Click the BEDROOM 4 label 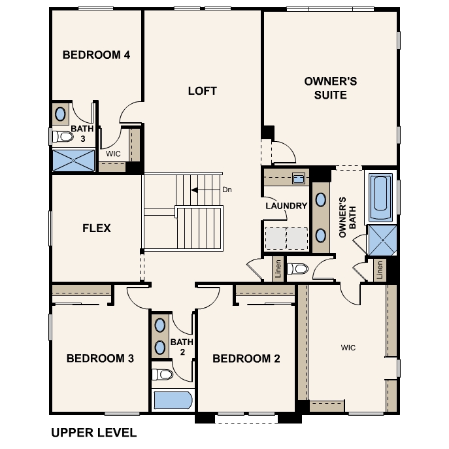point(96,55)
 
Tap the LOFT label point(202,91)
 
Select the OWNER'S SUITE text point(331,88)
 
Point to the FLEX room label point(97,228)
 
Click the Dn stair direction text point(227,190)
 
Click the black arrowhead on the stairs point(194,190)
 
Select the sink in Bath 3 point(60,114)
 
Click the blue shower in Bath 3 point(74,161)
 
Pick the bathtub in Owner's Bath point(380,197)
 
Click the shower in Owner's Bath point(382,241)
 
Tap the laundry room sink point(299,178)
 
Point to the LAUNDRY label point(286,206)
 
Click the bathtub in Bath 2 point(173,400)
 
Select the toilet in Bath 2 point(162,374)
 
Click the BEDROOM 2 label point(246,358)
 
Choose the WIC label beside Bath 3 point(113,154)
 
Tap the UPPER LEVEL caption point(94,433)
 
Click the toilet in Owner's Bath point(297,269)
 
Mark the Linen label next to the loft point(278,269)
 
